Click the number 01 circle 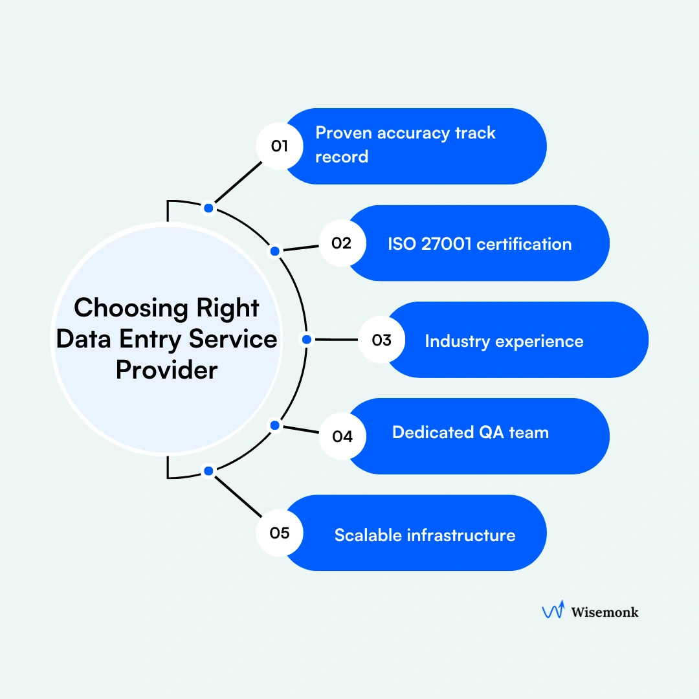pos(280,146)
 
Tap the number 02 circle pos(342,243)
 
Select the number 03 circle pos(382,340)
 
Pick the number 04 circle pos(342,436)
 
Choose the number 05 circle pos(280,533)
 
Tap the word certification pos(525,244)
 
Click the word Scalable pos(367,535)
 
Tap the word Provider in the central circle pos(166,370)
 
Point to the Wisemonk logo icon pos(552,610)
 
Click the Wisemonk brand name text pos(605,612)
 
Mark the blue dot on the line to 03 pos(307,339)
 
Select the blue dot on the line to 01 pos(208,208)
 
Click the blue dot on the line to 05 pos(208,471)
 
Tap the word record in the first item pos(342,157)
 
